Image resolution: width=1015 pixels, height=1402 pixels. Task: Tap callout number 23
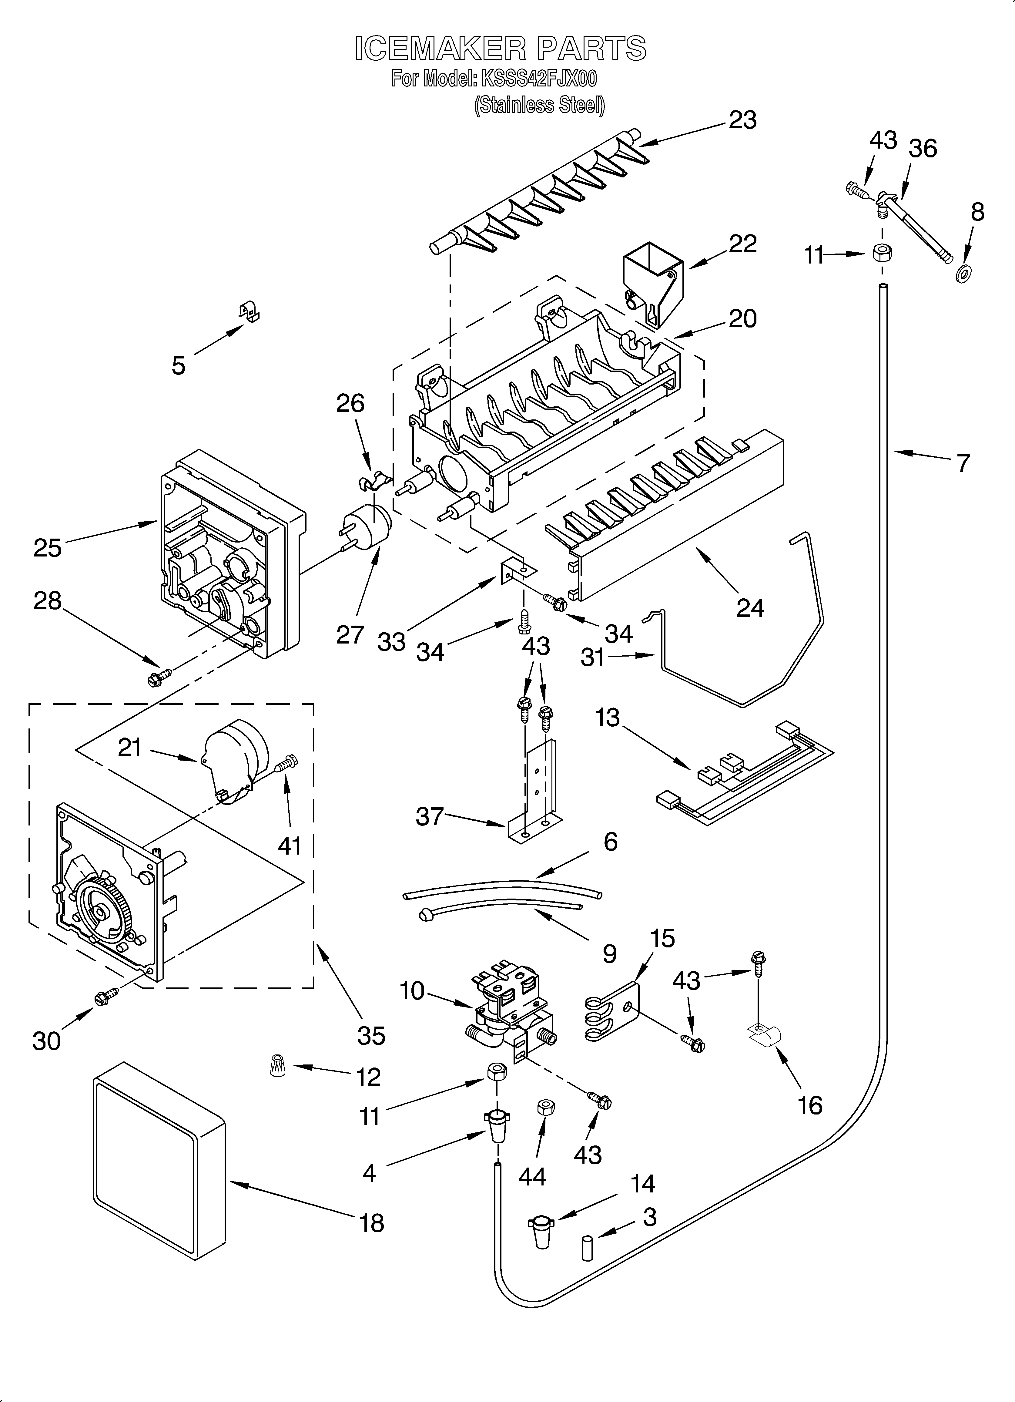click(742, 120)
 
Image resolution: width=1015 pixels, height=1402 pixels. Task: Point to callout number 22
click(742, 244)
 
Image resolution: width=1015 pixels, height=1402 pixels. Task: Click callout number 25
click(48, 548)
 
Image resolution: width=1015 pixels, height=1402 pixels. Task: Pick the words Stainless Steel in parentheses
click(539, 106)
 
